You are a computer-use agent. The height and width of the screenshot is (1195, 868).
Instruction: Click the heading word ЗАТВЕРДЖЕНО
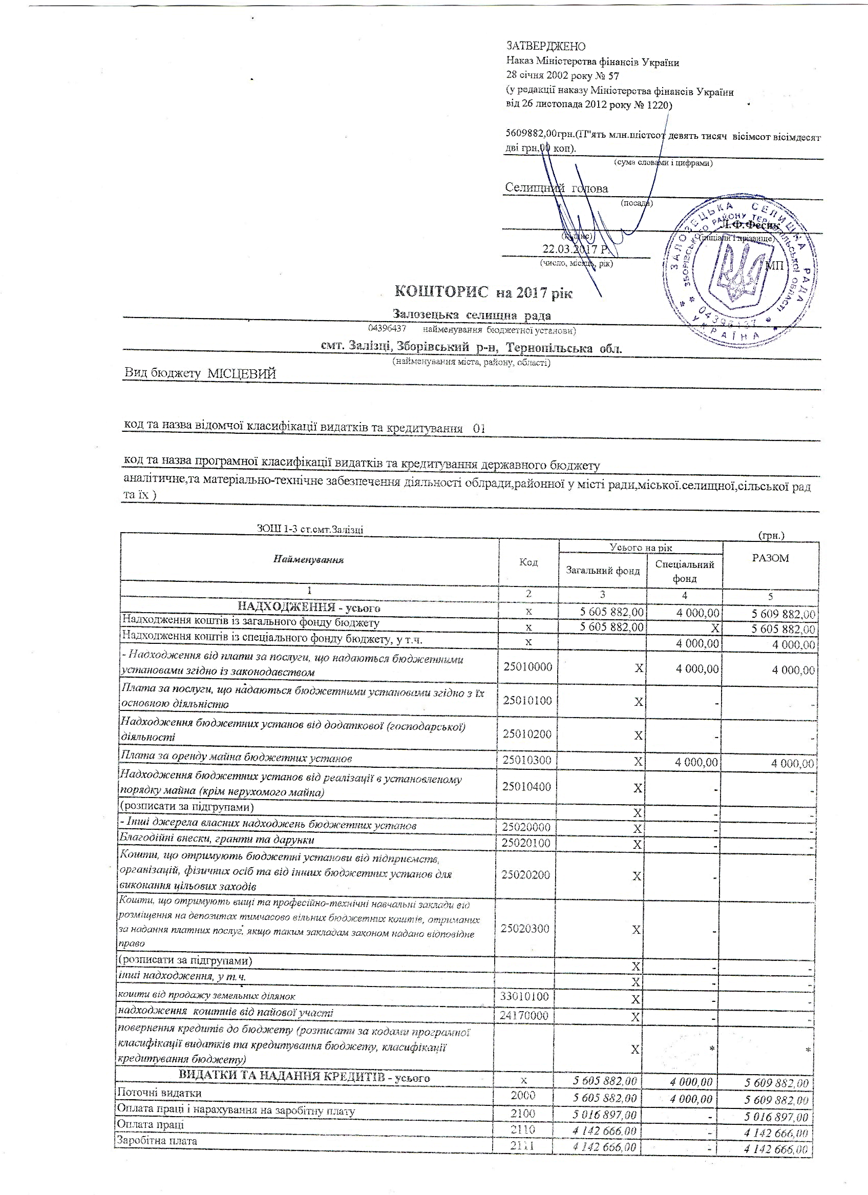tap(546, 47)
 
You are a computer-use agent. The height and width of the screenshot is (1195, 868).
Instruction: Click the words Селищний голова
tap(556, 188)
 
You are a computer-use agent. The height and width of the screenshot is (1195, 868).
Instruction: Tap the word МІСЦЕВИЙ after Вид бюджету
tap(242, 373)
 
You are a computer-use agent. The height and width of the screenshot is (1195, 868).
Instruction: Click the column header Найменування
tap(309, 559)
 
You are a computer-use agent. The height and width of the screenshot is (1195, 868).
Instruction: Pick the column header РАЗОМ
tap(771, 558)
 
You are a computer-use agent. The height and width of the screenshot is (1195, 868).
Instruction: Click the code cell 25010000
tap(528, 667)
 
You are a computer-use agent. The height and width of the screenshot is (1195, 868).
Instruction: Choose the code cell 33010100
tap(524, 996)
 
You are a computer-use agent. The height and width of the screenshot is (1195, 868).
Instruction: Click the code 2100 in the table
tap(522, 1114)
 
